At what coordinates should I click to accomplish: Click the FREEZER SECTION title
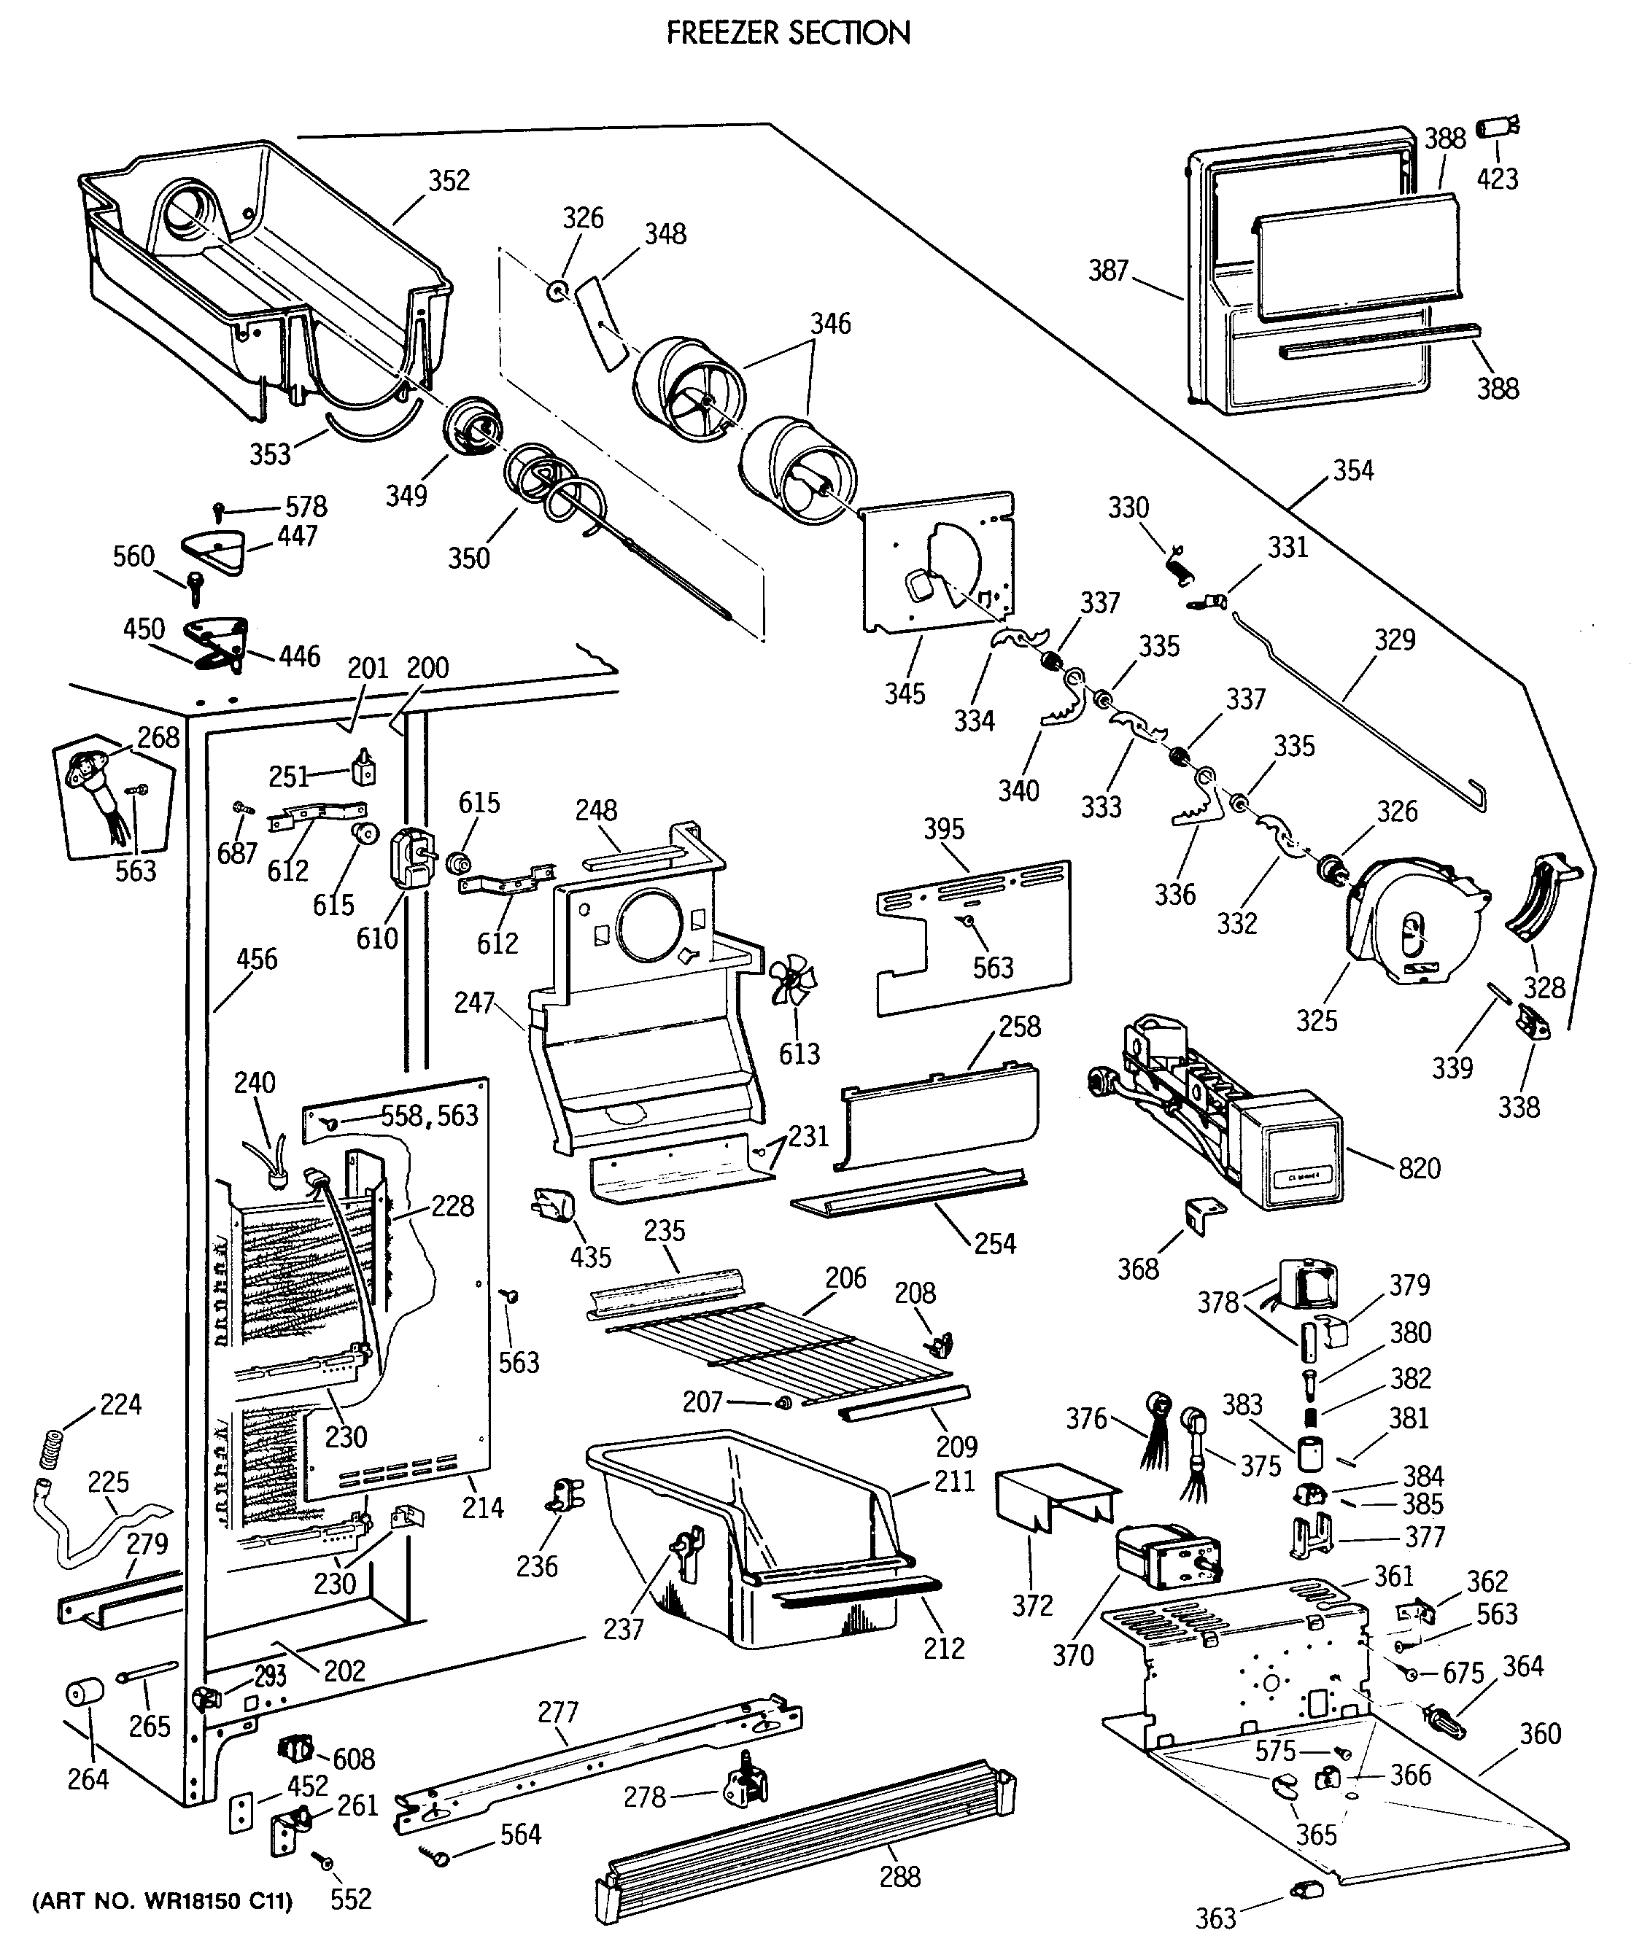pyautogui.click(x=788, y=34)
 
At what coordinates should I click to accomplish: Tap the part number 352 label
pyautogui.click(x=449, y=180)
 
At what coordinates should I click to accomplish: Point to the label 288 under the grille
pyautogui.click(x=900, y=1876)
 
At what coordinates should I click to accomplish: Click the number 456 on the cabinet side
pyautogui.click(x=257, y=959)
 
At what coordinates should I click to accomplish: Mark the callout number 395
pyautogui.click(x=944, y=829)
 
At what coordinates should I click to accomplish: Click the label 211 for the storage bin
pyautogui.click(x=954, y=1481)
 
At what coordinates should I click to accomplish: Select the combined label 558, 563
pyautogui.click(x=429, y=1116)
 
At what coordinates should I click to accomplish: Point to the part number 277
pyautogui.click(x=558, y=1712)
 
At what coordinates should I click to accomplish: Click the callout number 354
pyautogui.click(x=1353, y=470)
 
